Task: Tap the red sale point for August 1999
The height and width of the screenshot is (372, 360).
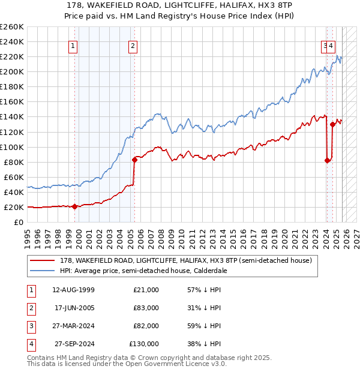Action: tap(74, 206)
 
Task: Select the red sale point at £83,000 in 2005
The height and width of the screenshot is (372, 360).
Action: tap(134, 160)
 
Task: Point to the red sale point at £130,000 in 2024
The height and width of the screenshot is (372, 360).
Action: tap(332, 124)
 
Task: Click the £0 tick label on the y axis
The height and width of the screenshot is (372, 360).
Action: tap(19, 222)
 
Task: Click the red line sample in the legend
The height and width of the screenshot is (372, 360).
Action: tap(42, 261)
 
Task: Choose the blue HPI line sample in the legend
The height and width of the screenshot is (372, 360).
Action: tap(42, 271)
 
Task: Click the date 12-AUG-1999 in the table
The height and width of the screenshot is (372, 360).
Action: tap(73, 290)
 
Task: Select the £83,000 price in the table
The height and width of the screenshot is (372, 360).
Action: tap(146, 308)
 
